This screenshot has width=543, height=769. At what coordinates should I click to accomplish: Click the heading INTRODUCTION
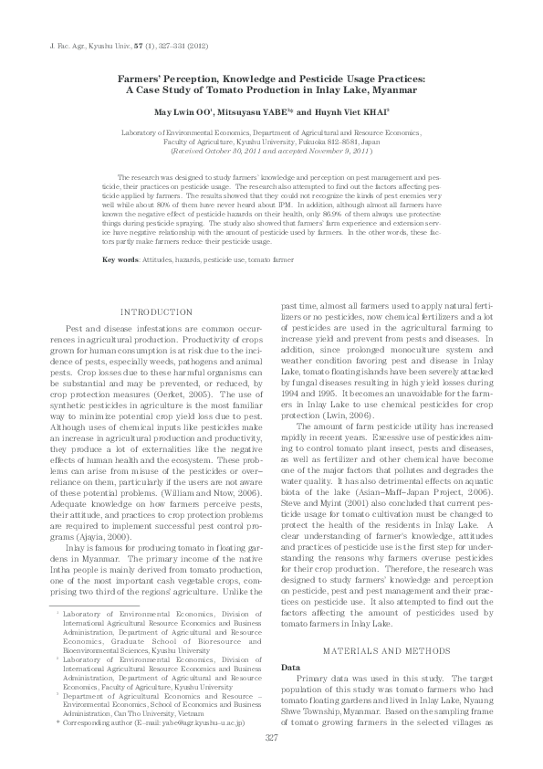coord(157,313)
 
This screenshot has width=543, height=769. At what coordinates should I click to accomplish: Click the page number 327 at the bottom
coord(270,739)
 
